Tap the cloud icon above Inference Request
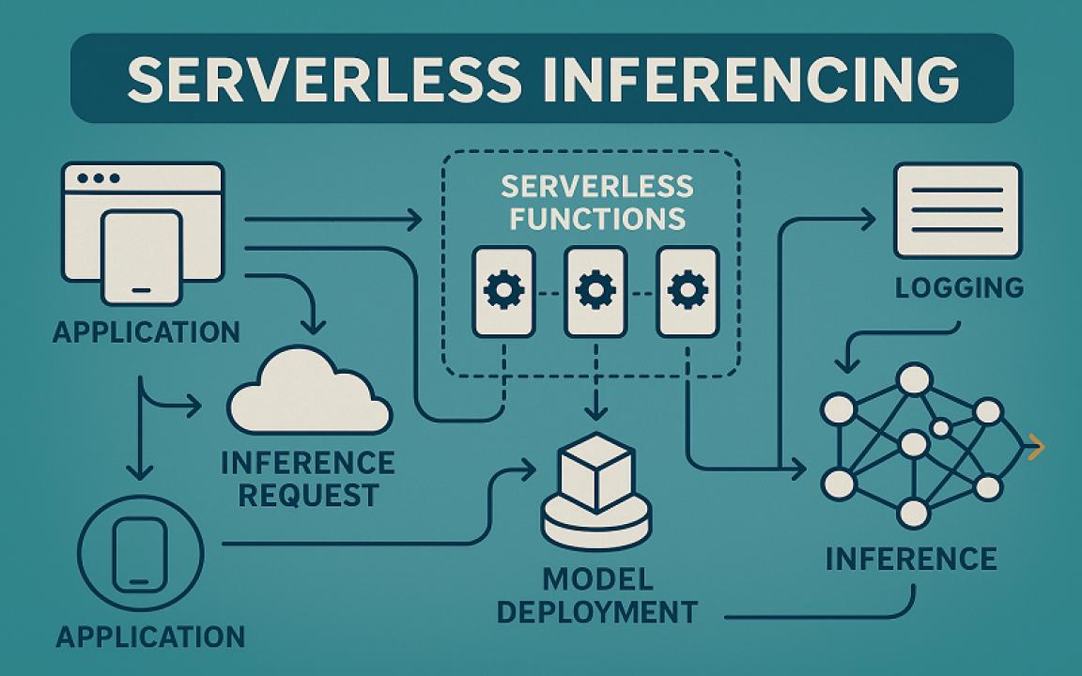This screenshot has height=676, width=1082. click(309, 393)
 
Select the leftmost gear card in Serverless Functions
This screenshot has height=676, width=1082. click(504, 291)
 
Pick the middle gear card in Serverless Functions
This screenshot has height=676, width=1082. click(595, 291)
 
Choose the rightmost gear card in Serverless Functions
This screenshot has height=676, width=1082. click(688, 291)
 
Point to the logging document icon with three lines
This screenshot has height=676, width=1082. click(956, 210)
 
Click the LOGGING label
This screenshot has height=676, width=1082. click(958, 287)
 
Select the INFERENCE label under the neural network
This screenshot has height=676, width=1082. click(911, 560)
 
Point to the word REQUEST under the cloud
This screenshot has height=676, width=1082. click(309, 494)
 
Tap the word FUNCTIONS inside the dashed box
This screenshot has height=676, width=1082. click(592, 219)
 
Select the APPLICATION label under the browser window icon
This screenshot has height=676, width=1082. click(147, 332)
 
